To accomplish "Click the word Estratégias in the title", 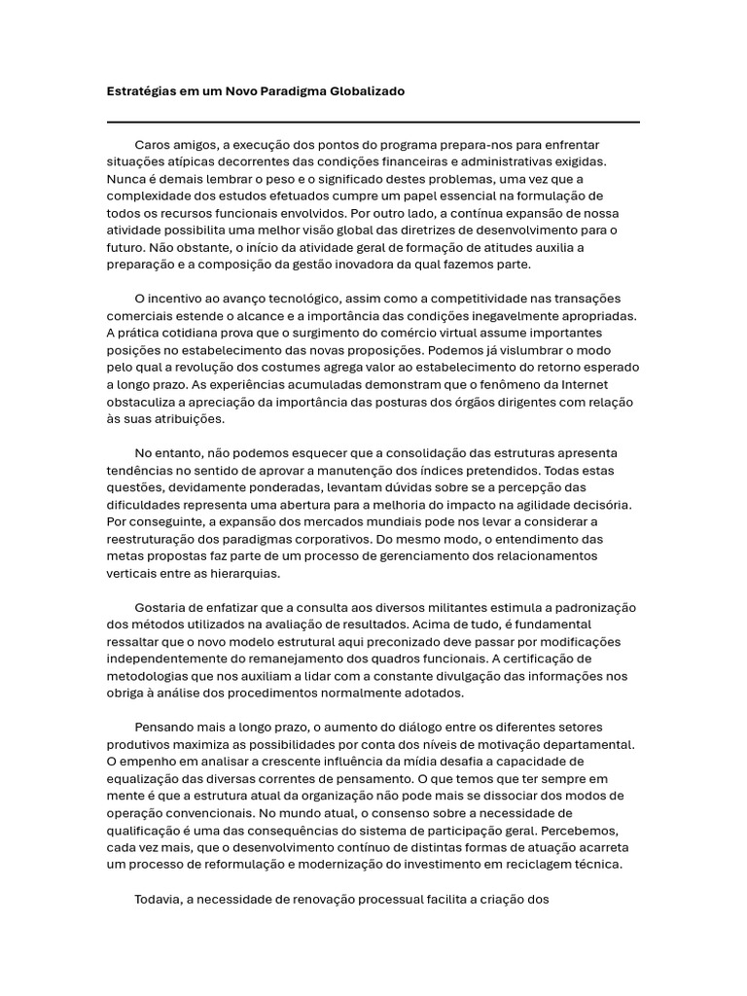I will (140, 90).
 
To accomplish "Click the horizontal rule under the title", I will (373, 122).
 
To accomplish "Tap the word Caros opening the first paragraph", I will (153, 143).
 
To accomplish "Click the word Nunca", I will (124, 178).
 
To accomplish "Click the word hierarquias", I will (220, 574).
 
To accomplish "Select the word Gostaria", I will (161, 608).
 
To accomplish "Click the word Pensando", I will (164, 728).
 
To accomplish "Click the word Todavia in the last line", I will (160, 899).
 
